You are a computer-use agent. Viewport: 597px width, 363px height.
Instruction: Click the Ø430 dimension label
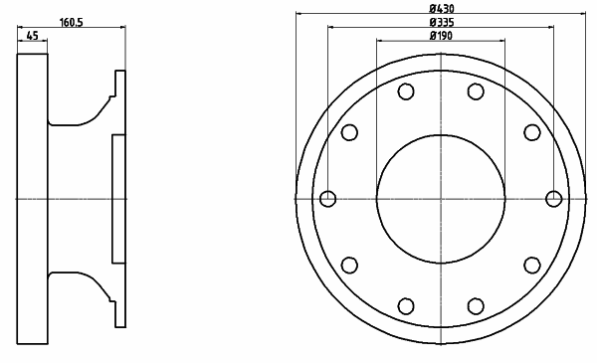[441, 8]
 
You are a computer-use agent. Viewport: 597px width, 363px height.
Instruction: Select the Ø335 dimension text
[441, 22]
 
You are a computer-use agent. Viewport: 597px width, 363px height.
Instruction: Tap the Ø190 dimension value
[441, 36]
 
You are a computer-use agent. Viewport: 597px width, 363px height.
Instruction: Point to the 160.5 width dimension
[71, 23]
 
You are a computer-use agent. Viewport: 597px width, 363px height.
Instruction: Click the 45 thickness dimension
[33, 36]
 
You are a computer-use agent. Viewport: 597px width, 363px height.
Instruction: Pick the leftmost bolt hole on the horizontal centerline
[327, 199]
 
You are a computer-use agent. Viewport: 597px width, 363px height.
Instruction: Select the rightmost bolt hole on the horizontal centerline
[553, 199]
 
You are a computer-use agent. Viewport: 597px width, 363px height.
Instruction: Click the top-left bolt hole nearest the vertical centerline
[406, 91]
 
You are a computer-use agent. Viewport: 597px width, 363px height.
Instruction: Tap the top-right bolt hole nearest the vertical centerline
[476, 91]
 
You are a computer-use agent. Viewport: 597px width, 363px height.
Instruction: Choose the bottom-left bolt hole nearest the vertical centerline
[406, 306]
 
